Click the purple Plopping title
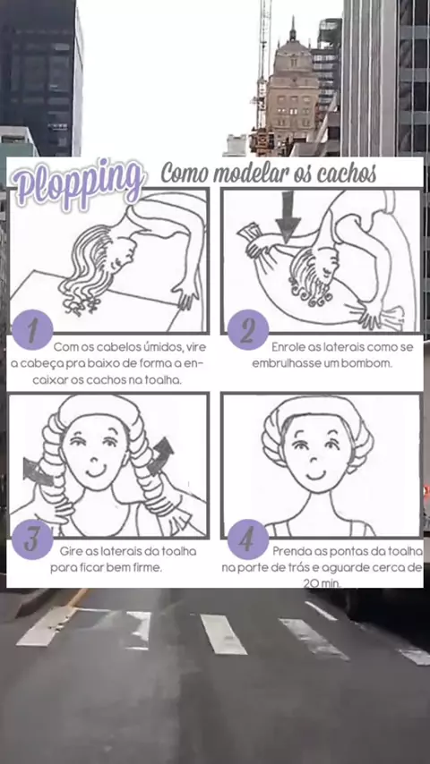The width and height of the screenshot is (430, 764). (x=78, y=184)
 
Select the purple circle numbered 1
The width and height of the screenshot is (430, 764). (x=32, y=329)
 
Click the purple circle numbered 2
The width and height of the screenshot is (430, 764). (x=248, y=329)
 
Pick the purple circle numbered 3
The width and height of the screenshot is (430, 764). (x=32, y=539)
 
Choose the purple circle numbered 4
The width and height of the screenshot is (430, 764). (x=248, y=539)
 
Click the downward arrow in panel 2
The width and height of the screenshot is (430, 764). (x=288, y=216)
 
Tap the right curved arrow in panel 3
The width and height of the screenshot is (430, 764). (x=161, y=456)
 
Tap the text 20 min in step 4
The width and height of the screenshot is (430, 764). (x=322, y=582)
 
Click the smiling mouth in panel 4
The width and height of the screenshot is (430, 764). (x=315, y=474)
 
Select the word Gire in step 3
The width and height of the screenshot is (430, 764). (x=71, y=552)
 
